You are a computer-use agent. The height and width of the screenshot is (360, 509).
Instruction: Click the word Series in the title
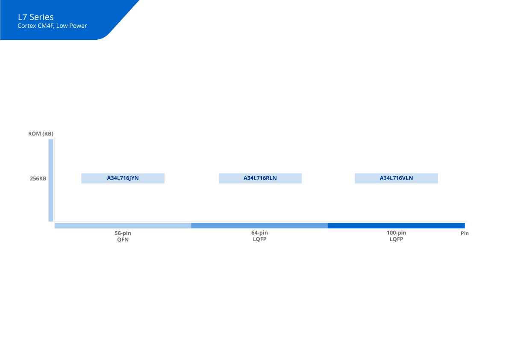41,17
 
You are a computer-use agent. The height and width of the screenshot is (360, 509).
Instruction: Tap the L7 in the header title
23,17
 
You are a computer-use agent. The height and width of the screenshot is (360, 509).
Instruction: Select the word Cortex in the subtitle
27,26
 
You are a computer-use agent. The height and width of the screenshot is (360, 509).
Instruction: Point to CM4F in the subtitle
46,26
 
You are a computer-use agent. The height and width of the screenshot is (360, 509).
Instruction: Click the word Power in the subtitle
78,26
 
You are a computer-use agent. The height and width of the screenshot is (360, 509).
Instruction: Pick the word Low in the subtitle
62,26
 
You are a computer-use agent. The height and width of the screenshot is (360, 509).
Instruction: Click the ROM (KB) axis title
41,134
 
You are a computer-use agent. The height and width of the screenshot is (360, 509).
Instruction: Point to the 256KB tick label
38,178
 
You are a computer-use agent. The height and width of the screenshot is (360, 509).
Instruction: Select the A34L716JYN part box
123,178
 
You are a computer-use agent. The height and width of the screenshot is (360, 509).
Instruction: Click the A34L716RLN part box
260,178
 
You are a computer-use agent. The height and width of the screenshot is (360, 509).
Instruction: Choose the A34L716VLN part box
396,178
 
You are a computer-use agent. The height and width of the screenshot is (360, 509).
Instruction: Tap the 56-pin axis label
123,233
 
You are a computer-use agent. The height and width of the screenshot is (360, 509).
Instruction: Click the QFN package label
123,239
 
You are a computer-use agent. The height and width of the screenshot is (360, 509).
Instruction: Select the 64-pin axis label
259,233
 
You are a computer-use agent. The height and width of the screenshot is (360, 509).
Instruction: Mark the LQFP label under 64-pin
259,239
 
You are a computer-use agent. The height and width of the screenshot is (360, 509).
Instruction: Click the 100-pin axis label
396,233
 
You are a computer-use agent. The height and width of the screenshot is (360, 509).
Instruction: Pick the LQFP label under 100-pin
396,239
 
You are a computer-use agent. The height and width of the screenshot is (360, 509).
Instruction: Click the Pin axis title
465,233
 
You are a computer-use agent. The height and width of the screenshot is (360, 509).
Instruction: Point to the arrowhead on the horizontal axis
466,221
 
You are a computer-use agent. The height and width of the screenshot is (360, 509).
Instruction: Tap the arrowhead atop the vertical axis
55,138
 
